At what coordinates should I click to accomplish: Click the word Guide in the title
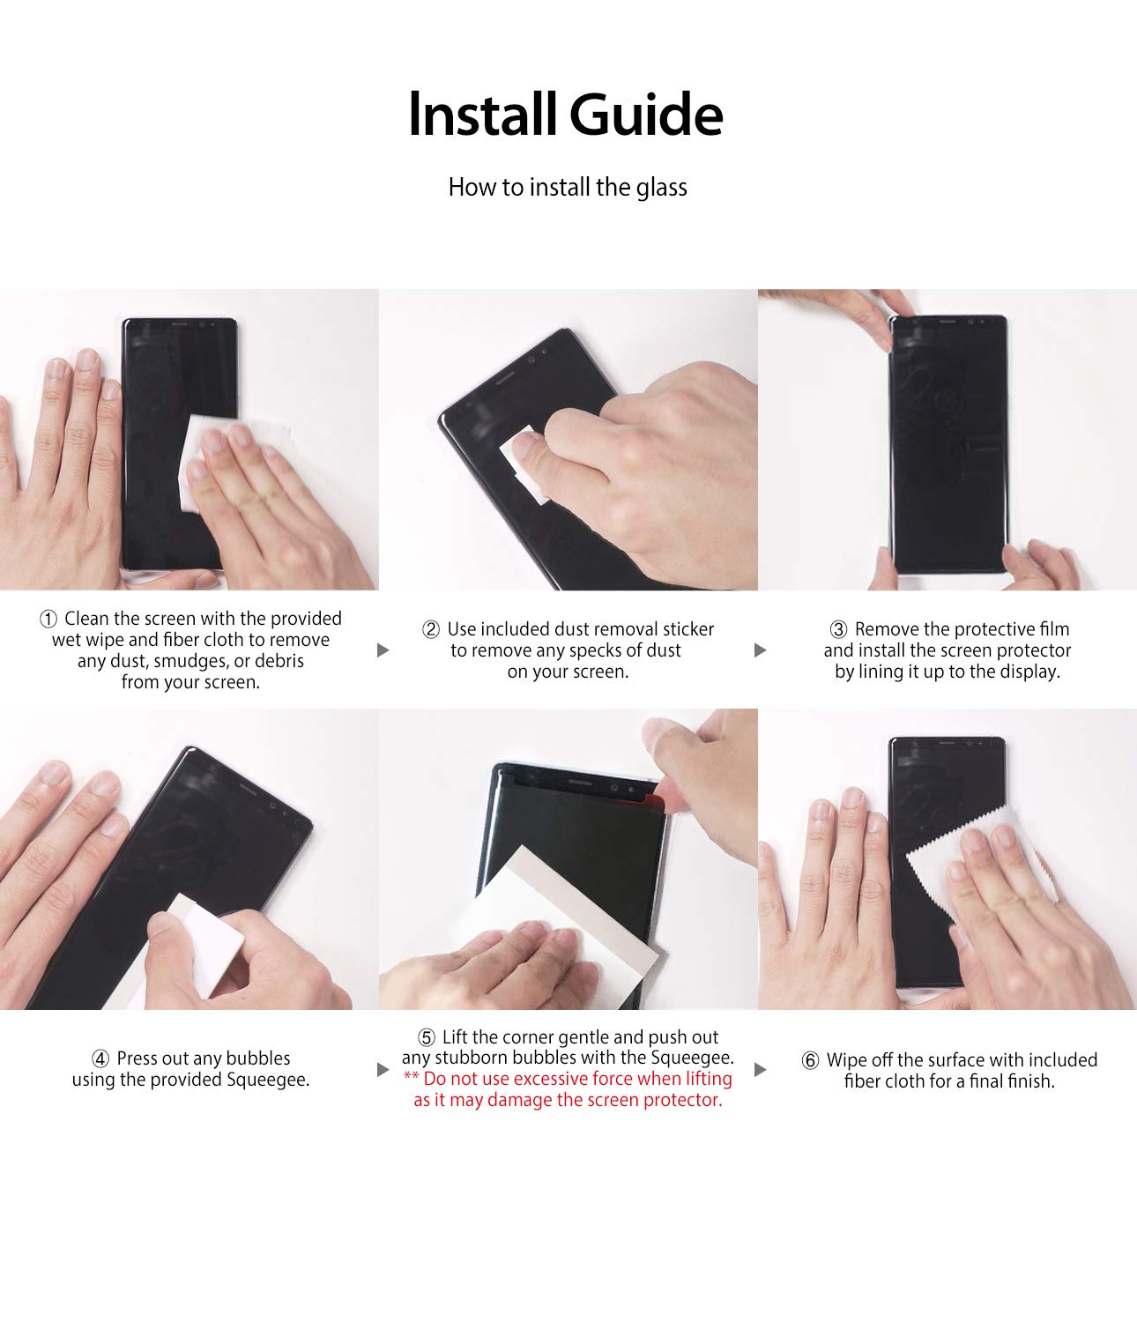click(x=646, y=116)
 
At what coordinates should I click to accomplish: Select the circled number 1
click(x=48, y=619)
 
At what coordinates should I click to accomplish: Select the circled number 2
click(x=431, y=629)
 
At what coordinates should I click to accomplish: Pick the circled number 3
click(x=838, y=629)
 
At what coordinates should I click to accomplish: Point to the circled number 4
click(x=100, y=1058)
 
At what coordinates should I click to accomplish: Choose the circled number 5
click(x=427, y=1037)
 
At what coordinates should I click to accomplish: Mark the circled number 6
click(x=810, y=1060)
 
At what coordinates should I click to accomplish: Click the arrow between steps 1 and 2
click(x=383, y=650)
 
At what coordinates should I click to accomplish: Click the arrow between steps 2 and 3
click(x=761, y=650)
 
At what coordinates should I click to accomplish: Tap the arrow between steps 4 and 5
click(x=383, y=1070)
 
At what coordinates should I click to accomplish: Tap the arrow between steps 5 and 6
click(x=761, y=1070)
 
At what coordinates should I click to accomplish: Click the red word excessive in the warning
click(x=551, y=1079)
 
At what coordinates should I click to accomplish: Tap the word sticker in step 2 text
click(x=688, y=629)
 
